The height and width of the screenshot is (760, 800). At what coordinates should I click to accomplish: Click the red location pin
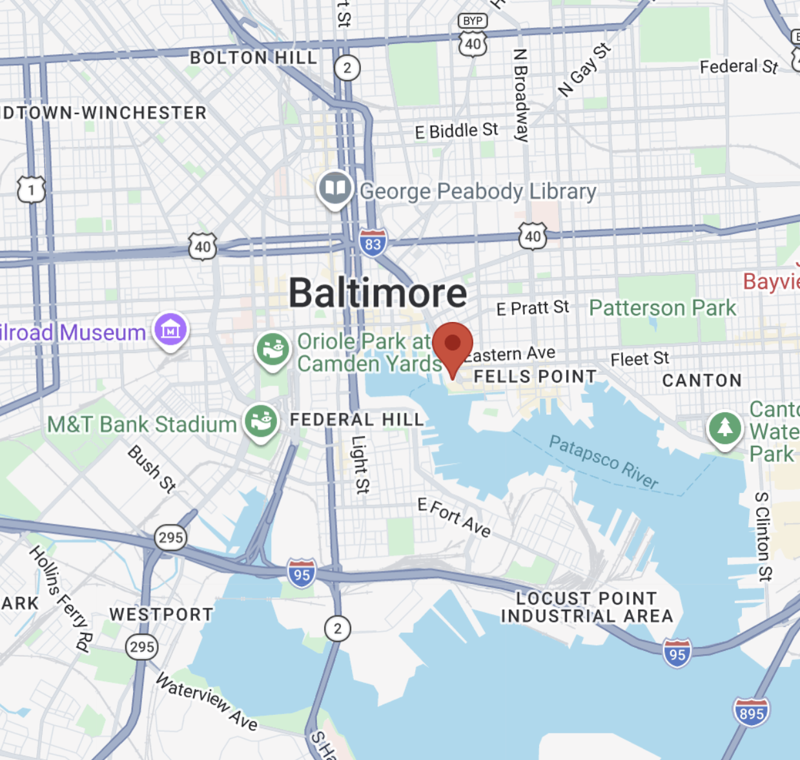[x=453, y=345]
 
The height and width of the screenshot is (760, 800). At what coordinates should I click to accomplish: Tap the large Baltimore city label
[x=378, y=293]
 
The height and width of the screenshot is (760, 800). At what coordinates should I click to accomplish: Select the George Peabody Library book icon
[x=335, y=189]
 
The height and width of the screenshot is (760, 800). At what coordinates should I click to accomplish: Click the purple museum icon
[x=170, y=330]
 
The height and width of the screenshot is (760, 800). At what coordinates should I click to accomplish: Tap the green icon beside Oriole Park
[x=272, y=350]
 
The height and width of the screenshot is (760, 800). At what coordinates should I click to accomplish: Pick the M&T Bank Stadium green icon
[x=261, y=422]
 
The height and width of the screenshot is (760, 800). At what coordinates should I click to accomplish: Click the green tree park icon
[x=724, y=428]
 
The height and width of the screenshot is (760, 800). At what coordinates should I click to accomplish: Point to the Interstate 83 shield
[x=373, y=243]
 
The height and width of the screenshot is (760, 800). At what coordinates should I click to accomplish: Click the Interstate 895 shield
[x=751, y=712]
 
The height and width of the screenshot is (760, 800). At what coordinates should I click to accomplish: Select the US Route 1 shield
[x=31, y=190]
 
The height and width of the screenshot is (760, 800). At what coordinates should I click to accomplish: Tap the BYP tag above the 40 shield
[x=473, y=21]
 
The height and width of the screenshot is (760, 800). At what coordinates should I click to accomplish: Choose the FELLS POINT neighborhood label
[x=535, y=376]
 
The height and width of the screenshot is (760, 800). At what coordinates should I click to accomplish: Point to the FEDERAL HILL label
[x=356, y=419]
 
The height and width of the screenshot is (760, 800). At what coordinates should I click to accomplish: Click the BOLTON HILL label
[x=253, y=58]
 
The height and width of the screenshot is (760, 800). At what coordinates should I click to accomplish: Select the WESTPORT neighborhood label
[x=161, y=614]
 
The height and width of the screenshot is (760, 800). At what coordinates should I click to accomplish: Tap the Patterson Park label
[x=662, y=308]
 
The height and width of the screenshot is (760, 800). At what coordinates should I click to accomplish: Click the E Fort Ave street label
[x=454, y=517]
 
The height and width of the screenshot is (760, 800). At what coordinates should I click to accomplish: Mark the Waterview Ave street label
[x=207, y=701]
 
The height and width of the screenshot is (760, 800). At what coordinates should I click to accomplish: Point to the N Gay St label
[x=584, y=70]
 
